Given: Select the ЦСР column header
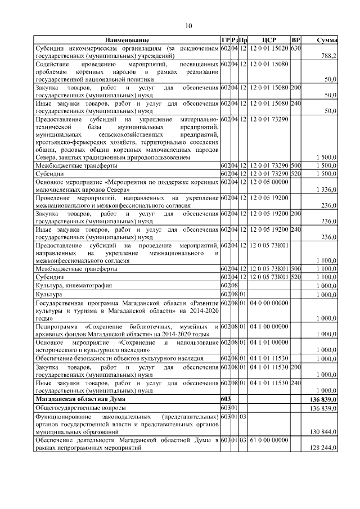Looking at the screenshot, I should [268, 40].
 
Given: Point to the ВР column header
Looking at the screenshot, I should [296, 40].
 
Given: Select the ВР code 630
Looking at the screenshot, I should [296, 49].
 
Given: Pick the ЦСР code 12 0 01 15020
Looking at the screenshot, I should [268, 49].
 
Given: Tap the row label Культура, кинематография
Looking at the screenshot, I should [70, 286].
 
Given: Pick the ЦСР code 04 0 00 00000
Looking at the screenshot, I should [268, 303].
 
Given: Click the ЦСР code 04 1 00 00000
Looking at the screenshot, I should [268, 326].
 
